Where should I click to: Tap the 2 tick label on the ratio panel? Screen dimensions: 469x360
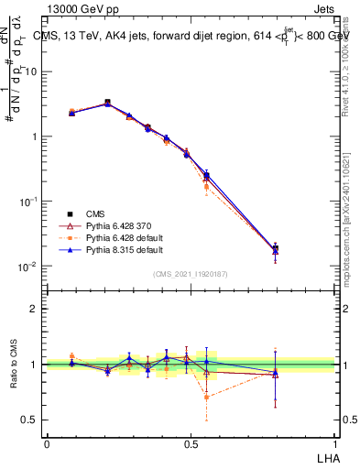pyautogui.click(x=34, y=309)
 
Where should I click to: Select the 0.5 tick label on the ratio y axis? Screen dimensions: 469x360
pyautogui.click(x=30, y=420)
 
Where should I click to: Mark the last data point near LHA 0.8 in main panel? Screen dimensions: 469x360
pyautogui.click(x=275, y=248)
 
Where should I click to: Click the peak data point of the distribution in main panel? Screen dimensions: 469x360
pyautogui.click(x=107, y=103)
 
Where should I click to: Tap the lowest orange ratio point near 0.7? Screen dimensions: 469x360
pyautogui.click(x=207, y=397)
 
